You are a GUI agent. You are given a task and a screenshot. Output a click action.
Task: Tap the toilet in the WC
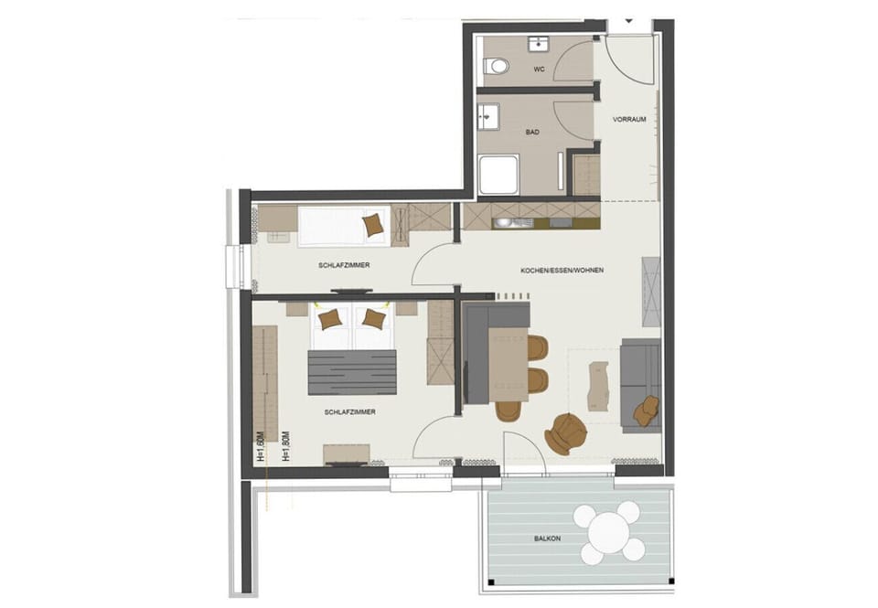(496, 66)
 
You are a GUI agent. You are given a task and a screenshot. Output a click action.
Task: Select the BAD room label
(532, 133)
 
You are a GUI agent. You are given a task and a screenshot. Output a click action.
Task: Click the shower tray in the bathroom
(498, 174)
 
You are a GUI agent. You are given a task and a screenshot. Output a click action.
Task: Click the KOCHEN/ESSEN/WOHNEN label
(562, 271)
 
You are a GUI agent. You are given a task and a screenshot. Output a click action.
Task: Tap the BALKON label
(547, 539)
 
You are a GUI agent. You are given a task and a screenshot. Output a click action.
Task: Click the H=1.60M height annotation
(261, 447)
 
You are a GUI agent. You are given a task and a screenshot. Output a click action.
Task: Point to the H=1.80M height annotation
(285, 447)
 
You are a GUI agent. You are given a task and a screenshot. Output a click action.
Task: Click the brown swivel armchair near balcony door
(567, 432)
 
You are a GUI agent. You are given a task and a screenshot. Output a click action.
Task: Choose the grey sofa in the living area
(640, 384)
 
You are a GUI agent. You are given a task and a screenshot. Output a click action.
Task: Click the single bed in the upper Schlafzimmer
(343, 225)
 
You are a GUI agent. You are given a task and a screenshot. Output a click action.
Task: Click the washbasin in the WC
(537, 42)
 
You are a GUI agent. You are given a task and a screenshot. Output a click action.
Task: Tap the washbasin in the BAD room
(487, 116)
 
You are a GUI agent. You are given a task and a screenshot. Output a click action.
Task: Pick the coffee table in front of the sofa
(598, 384)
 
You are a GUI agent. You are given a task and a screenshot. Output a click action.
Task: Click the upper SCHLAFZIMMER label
(344, 265)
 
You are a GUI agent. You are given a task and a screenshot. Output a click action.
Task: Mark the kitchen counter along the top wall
(530, 217)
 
